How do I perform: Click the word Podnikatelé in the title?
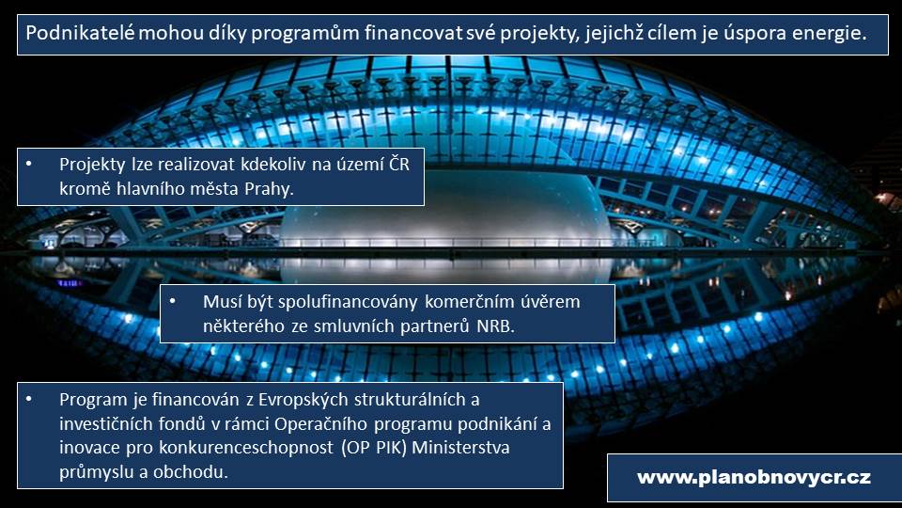[81, 33]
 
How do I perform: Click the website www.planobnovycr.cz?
[754, 478]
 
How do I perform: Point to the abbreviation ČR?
[399, 164]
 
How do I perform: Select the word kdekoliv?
[272, 165]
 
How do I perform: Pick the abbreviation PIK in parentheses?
[391, 448]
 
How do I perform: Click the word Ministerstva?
[460, 448]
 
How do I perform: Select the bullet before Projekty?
[29, 165]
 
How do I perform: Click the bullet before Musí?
[172, 302]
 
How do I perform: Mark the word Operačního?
[320, 424]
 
